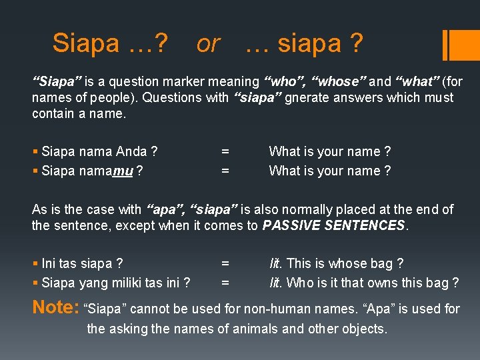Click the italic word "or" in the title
coord(208,44)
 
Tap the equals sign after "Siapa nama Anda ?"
coord(225,152)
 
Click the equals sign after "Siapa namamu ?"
coord(225,171)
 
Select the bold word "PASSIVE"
coord(291,225)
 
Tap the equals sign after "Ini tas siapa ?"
coord(225,264)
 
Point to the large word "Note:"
coord(56,308)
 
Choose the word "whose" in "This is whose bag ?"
coord(345,264)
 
